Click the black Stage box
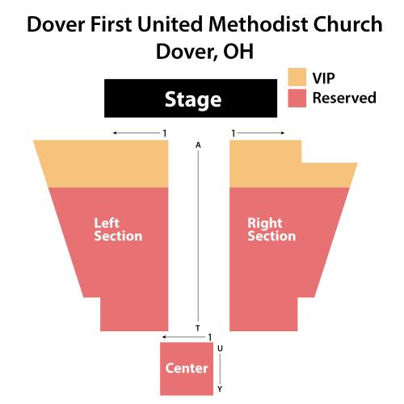pos(191,99)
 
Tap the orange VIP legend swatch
pos(297,77)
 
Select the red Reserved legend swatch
pos(297,99)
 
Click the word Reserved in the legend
pos(344,98)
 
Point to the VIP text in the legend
pos(323,78)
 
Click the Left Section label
pos(118,229)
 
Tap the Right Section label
pos(271,229)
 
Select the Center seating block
pos(187,368)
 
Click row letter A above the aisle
pos(198,145)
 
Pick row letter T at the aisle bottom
pos(198,328)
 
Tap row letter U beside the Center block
pos(220,348)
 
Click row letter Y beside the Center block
pos(220,389)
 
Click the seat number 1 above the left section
pos(165,133)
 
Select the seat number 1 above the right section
pos(234,133)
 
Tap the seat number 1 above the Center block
pos(210,337)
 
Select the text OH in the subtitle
pos(238,52)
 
